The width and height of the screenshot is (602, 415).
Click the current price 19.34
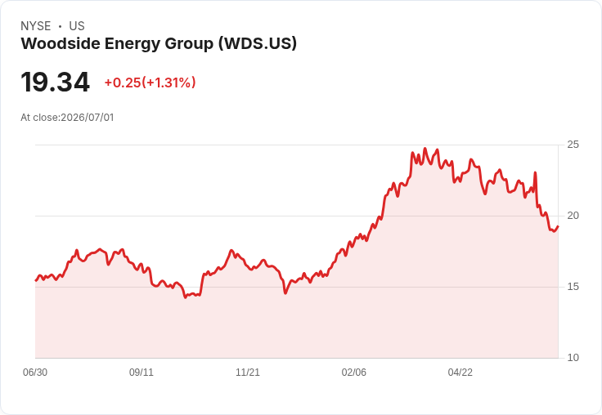[56, 82]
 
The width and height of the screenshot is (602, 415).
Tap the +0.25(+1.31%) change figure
[150, 83]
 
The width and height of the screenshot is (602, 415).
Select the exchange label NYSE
[36, 26]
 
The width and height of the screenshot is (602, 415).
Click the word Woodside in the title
[61, 43]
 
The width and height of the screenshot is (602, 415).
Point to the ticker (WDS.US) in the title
[258, 43]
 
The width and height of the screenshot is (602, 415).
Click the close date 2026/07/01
[88, 118]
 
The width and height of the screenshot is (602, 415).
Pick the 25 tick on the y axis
[573, 145]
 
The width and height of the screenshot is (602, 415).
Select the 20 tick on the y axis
[573, 216]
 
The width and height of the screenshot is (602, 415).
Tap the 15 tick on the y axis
[573, 287]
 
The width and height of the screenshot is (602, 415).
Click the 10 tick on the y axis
[573, 358]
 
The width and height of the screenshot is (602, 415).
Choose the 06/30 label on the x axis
[35, 372]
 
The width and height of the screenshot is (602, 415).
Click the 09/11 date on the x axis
[142, 372]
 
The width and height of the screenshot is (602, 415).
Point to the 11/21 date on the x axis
[248, 372]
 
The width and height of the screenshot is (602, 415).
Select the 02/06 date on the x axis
[354, 372]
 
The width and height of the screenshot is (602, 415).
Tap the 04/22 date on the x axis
[460, 372]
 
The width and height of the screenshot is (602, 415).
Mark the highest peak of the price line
[425, 149]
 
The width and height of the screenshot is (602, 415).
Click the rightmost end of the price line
[558, 226]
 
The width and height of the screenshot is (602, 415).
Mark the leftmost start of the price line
[36, 280]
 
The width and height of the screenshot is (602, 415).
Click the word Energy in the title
[133, 44]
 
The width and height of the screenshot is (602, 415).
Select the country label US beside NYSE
[77, 26]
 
